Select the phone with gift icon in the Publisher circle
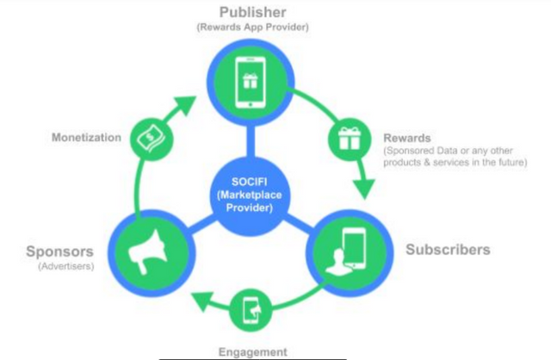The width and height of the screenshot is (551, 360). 251,81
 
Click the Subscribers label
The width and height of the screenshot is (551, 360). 447,250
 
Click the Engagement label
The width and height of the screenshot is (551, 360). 252,351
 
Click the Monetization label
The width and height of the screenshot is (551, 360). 85,138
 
